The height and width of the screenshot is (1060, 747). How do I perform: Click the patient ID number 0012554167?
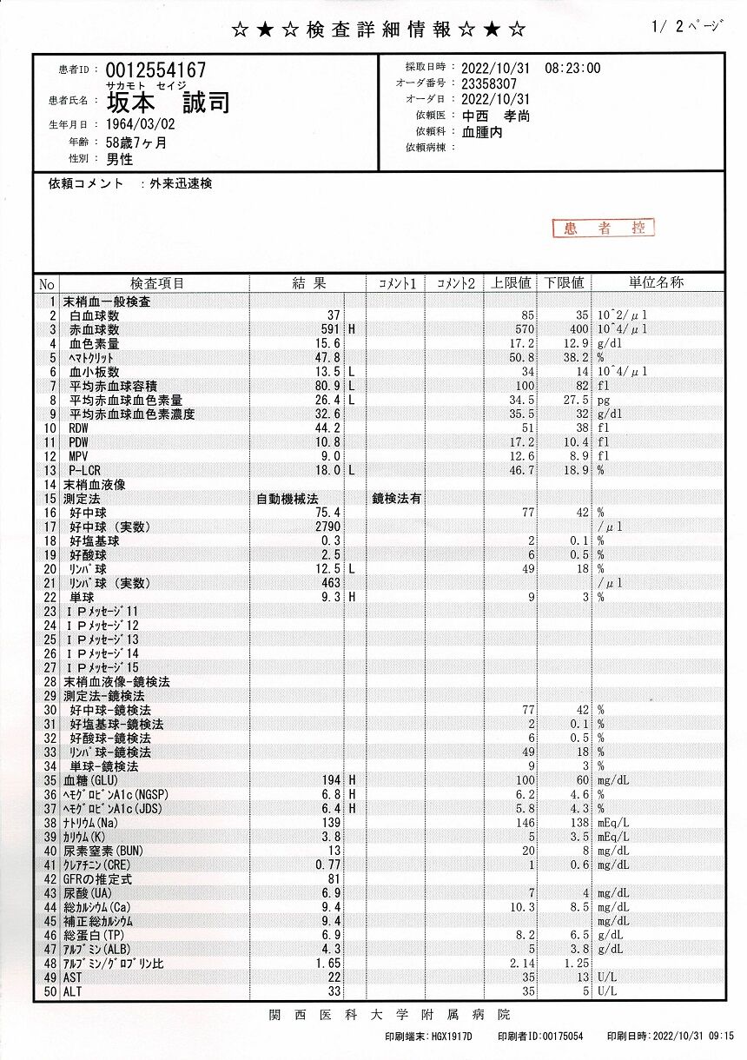tap(155, 70)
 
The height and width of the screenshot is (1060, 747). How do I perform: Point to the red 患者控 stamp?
tap(604, 228)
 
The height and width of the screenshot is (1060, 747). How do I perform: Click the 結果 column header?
tap(308, 283)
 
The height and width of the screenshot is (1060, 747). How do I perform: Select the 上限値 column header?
tap(512, 283)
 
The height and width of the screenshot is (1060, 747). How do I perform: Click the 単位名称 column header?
tap(656, 283)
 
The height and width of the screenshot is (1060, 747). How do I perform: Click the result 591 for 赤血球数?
tap(329, 330)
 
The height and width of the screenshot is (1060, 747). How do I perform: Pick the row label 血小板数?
tap(95, 372)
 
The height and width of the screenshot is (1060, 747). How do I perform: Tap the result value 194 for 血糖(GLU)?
tap(330, 781)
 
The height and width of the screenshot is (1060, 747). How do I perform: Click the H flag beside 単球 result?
tap(353, 598)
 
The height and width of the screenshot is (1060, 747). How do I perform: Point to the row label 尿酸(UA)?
tap(87, 893)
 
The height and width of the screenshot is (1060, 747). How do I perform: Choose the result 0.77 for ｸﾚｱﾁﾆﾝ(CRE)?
tap(327, 865)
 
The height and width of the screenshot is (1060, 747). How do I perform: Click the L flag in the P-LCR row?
tap(353, 470)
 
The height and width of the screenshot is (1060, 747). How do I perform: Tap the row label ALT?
tap(73, 991)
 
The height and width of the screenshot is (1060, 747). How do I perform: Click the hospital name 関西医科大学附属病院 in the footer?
tap(389, 1015)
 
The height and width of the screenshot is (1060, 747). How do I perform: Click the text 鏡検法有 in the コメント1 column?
tap(397, 500)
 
